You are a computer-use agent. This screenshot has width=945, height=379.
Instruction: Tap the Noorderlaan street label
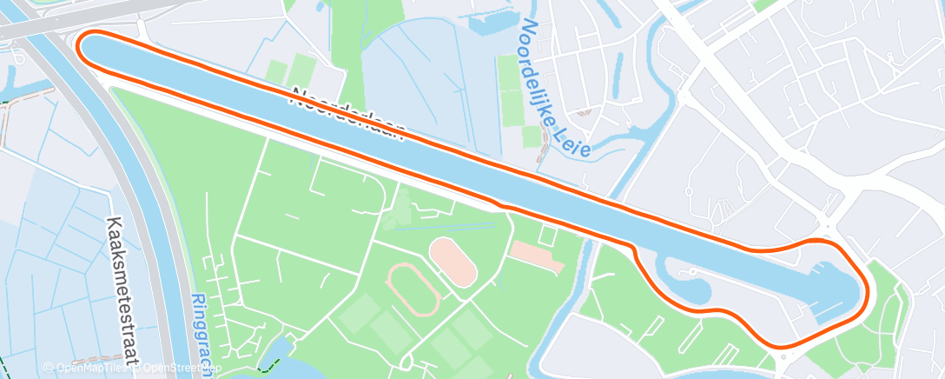348,112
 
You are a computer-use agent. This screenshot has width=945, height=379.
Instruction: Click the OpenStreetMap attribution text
178,368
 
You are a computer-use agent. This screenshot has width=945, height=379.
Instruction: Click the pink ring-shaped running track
413,289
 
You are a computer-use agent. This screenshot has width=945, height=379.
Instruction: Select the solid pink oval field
453,261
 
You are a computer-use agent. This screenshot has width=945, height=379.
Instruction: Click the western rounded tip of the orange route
81,45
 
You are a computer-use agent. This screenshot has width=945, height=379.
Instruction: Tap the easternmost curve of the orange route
866,287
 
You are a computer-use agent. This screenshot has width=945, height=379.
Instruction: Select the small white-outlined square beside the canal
547,234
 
